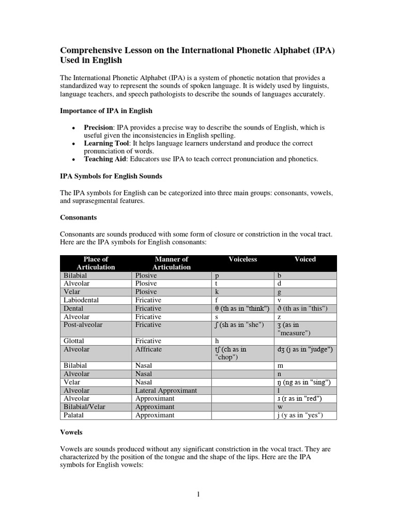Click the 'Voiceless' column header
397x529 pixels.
(x=242, y=259)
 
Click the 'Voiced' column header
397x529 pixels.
(x=305, y=259)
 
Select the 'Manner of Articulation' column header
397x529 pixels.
(x=171, y=263)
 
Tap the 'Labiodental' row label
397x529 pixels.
(x=81, y=300)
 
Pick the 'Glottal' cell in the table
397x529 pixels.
(x=73, y=341)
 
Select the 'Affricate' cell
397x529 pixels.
(x=148, y=350)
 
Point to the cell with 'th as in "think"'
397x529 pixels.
(x=242, y=308)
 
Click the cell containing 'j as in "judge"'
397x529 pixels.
(x=305, y=350)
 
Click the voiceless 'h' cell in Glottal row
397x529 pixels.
(x=217, y=341)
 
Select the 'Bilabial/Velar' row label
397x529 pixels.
(x=84, y=407)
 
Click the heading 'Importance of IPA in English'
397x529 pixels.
(x=106, y=111)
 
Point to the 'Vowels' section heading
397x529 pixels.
(x=72, y=431)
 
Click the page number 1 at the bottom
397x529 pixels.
(x=198, y=494)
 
